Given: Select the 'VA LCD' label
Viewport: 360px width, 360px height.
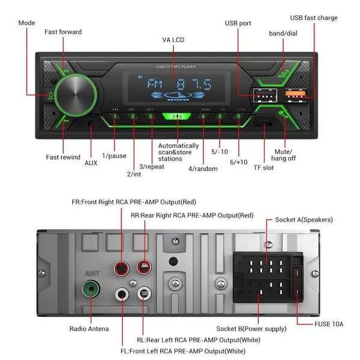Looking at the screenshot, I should pos(173,40).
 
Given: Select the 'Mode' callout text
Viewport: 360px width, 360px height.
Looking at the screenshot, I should pos(26,22).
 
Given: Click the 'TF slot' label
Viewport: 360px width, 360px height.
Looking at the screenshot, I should pos(263,167).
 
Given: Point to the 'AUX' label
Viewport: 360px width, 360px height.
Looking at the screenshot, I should pos(90,163).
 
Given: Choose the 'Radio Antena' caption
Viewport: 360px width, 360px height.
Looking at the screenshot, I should pos(89,329).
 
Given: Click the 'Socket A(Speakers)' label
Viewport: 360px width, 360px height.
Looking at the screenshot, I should pos(304,219).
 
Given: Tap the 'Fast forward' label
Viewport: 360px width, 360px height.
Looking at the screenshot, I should pos(63,31).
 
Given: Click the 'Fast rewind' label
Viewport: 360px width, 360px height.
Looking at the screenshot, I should pos(63,157).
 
